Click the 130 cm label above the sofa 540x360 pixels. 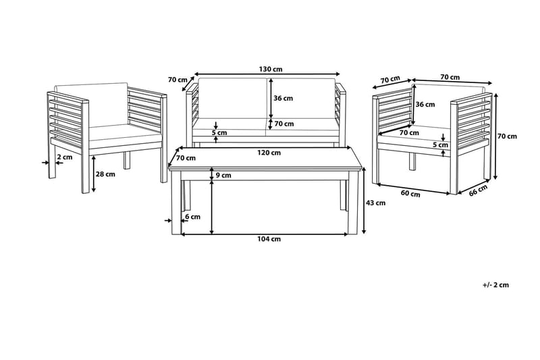tap(269, 68)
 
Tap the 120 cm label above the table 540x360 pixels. tap(269, 153)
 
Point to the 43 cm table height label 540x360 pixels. tap(376, 203)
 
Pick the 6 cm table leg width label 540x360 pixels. tap(192, 217)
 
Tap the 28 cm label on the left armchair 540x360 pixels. tap(105, 174)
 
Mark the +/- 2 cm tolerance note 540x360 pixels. tap(496, 285)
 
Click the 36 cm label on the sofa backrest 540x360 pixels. tap(283, 98)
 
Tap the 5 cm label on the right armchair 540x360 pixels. tap(439, 145)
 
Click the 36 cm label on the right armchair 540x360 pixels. tap(425, 105)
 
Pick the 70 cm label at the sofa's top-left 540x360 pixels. tap(177, 79)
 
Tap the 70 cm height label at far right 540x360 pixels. tap(507, 136)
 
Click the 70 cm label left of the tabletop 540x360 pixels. tap(186, 158)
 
